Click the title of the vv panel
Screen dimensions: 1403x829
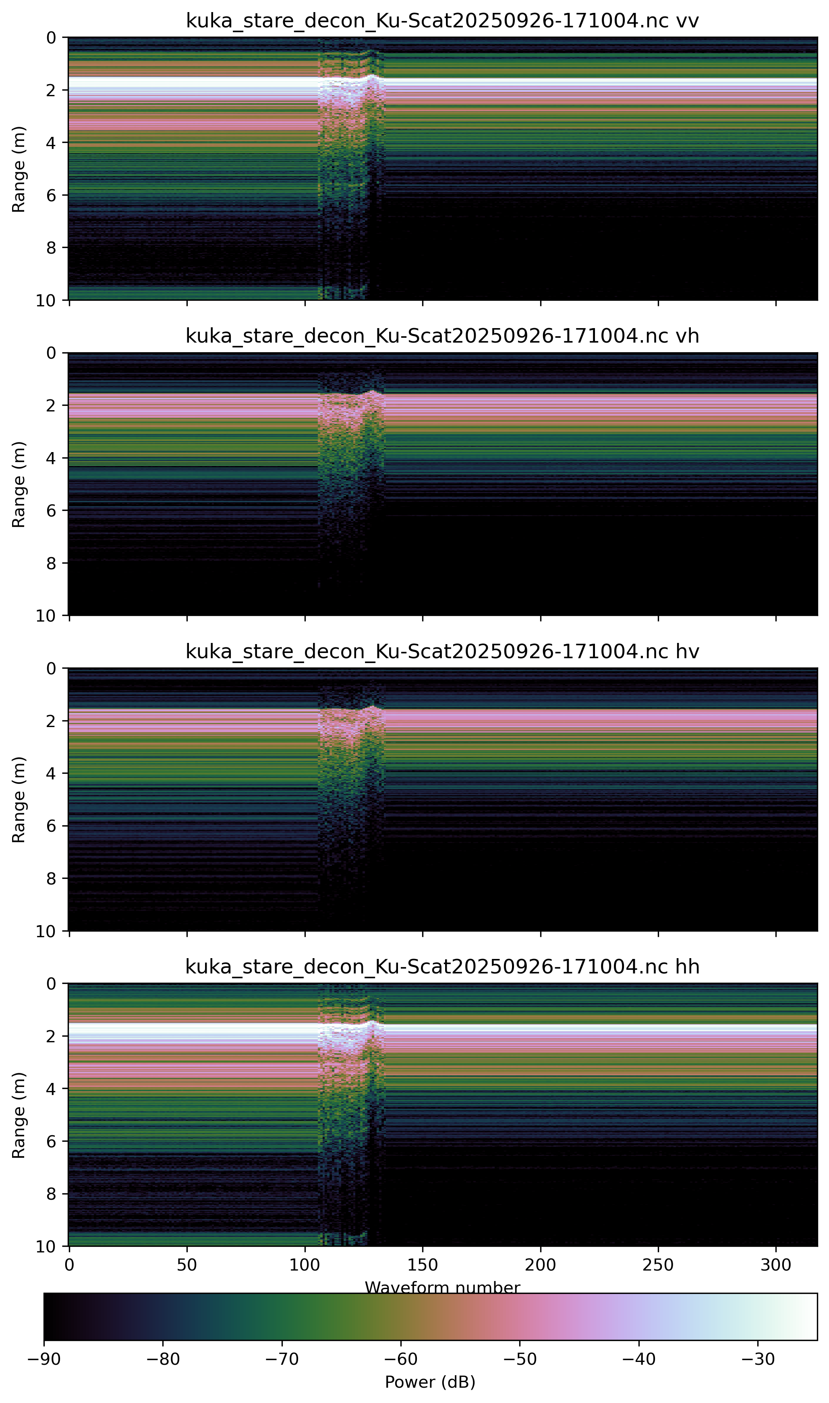coord(442,21)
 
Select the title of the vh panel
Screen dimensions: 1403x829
coord(442,336)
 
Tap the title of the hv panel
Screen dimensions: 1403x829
coord(442,651)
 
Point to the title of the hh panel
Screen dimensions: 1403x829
coord(442,967)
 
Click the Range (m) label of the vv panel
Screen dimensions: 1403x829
coord(19,169)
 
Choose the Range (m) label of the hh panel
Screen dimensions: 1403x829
coord(19,1115)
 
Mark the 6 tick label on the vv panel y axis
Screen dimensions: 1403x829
coord(51,195)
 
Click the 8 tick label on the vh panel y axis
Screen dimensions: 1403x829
coord(51,563)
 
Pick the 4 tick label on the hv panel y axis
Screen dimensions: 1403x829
coord(51,773)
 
